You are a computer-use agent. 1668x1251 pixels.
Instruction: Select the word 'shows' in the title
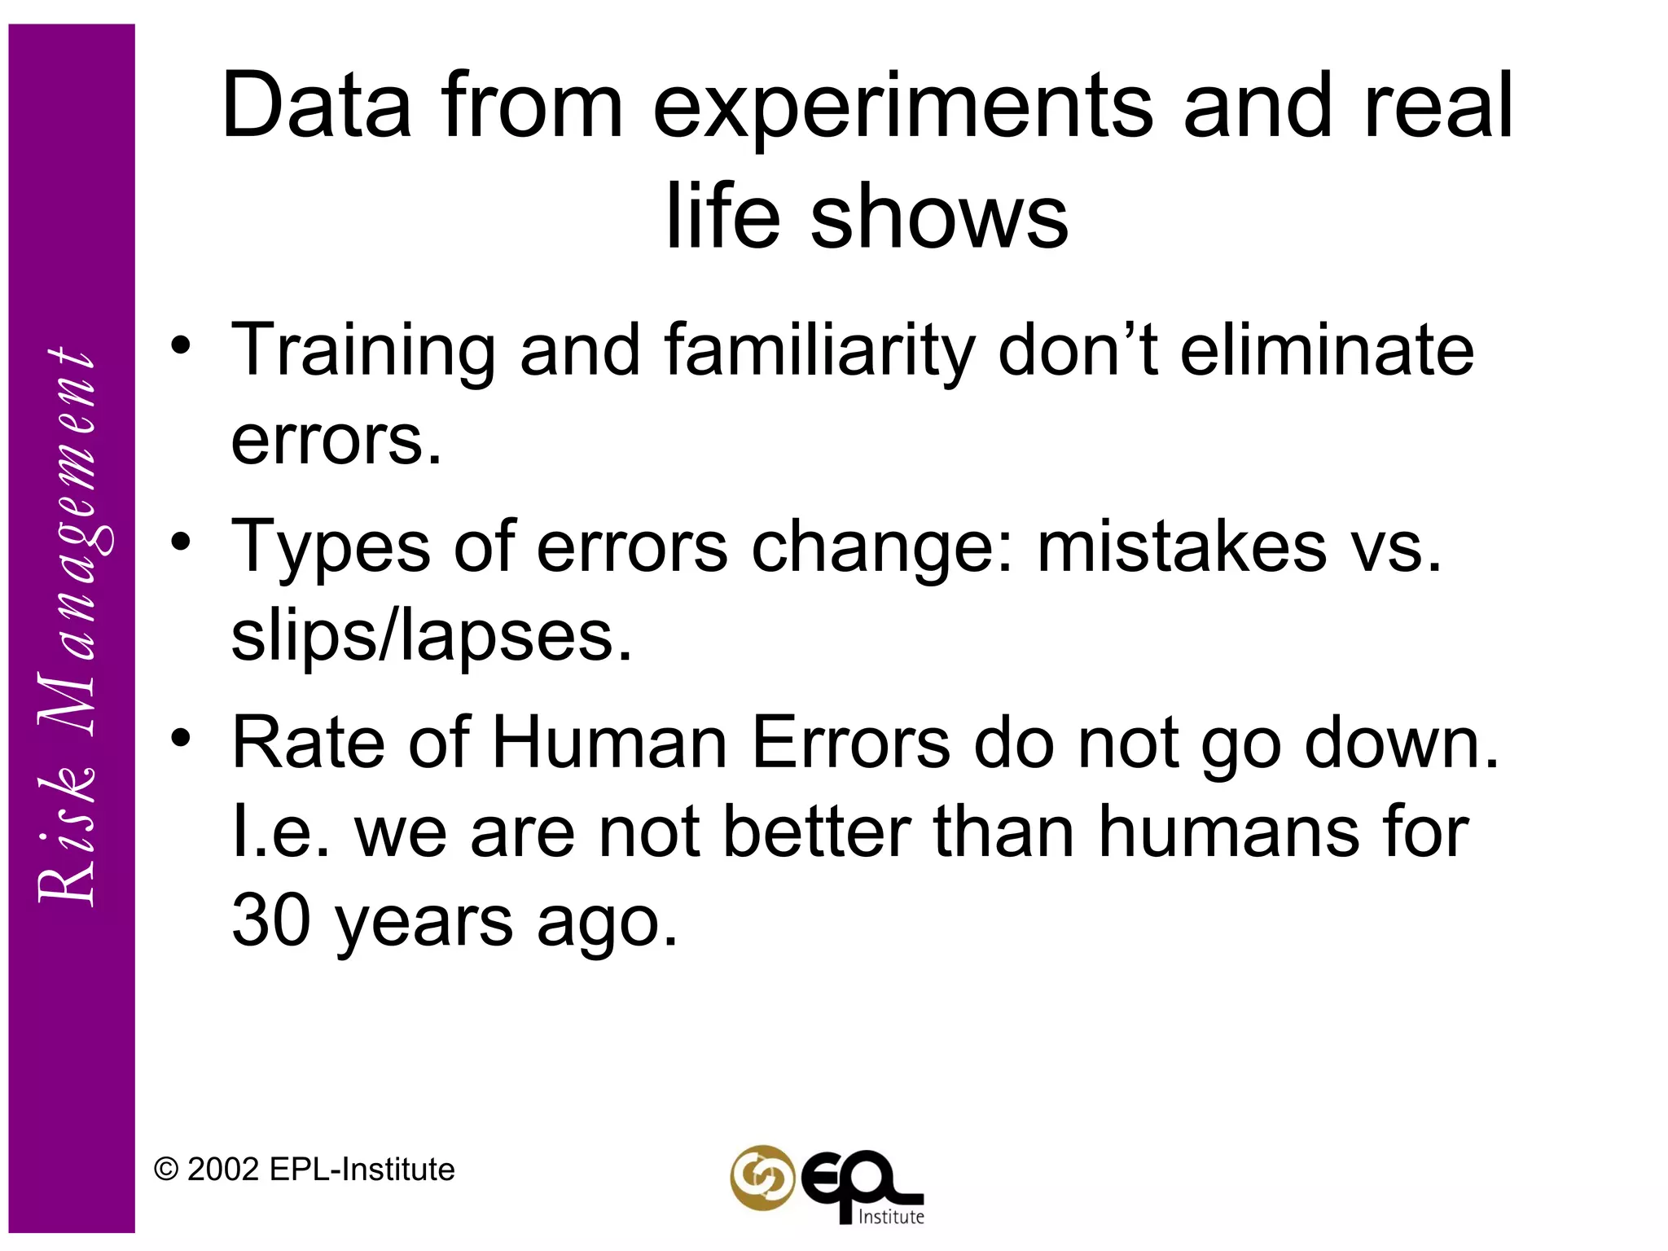coord(938,217)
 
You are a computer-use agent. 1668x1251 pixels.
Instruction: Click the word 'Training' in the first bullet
coord(363,352)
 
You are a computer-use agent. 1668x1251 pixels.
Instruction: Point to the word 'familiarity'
coord(819,352)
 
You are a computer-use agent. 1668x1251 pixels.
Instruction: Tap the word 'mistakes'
coord(1182,546)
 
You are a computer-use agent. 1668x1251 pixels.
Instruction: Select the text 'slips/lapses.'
coord(432,636)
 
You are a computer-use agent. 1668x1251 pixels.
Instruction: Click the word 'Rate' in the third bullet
coord(308,743)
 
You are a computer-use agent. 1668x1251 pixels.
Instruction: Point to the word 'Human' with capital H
coord(609,743)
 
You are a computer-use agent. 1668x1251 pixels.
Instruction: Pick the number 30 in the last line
coord(270,920)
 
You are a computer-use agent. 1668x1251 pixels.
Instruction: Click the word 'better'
coord(817,832)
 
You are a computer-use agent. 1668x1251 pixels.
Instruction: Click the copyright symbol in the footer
coord(166,1170)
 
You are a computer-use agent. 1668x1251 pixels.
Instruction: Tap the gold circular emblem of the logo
coord(762,1178)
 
